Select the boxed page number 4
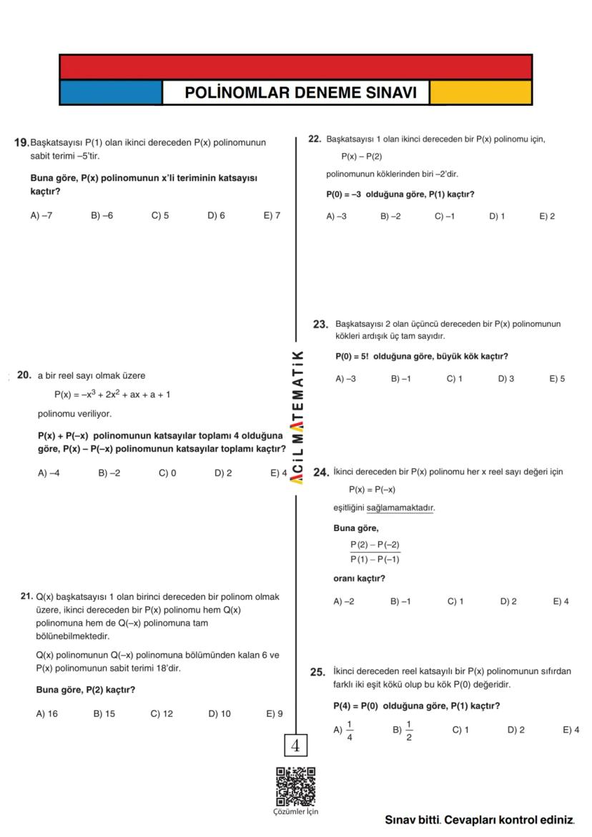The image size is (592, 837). point(295,746)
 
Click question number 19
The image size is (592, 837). point(21,142)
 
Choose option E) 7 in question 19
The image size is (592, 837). point(272,215)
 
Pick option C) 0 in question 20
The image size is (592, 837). point(167,472)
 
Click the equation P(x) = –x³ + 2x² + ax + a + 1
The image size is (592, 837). point(112,395)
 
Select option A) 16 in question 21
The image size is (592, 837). point(46,713)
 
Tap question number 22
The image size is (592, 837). point(314,139)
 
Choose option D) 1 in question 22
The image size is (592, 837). point(497,216)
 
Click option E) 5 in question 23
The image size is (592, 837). point(557,379)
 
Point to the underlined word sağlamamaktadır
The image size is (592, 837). point(400,508)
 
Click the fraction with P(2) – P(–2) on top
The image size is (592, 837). point(375,552)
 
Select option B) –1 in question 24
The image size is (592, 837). point(400,601)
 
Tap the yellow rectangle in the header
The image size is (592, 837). point(480,93)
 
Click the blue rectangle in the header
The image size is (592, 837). point(111,93)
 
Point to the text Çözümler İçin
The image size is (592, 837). point(295,811)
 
